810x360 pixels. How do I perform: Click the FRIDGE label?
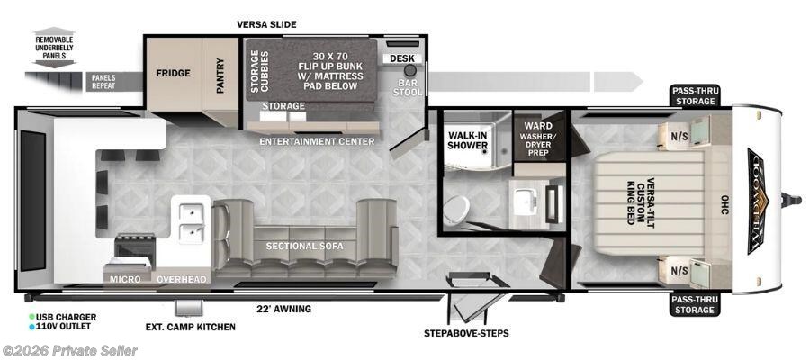173,73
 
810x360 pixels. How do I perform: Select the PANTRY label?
220,73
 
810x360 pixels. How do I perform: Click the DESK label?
400,58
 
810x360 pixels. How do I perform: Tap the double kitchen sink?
190,222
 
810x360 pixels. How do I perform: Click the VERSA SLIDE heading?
266,24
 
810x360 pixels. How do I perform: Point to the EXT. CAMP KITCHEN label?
190,327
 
